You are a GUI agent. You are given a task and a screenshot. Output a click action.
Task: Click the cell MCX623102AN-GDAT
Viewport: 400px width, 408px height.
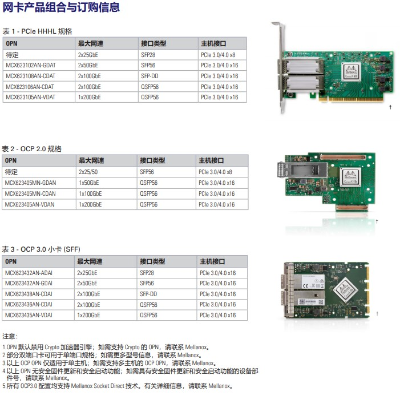click(x=30, y=66)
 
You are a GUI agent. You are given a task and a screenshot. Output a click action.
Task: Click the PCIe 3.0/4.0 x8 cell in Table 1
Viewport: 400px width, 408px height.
click(x=218, y=55)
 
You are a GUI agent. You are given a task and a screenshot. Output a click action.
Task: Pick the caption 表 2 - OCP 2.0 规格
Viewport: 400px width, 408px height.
click(x=32, y=149)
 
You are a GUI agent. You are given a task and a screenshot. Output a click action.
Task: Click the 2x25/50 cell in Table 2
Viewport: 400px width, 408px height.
click(x=88, y=172)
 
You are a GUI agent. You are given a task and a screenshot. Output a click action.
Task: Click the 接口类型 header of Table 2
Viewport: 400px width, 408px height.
click(x=152, y=161)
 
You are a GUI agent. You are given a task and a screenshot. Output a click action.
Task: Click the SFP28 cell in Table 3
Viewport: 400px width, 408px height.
click(x=147, y=273)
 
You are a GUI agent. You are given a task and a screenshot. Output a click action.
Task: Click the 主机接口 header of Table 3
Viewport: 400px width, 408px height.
click(x=213, y=261)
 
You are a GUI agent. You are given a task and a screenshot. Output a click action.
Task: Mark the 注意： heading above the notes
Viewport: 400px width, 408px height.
click(x=10, y=336)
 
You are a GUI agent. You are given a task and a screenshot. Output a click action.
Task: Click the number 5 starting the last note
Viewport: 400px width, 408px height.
click(x=4, y=386)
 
